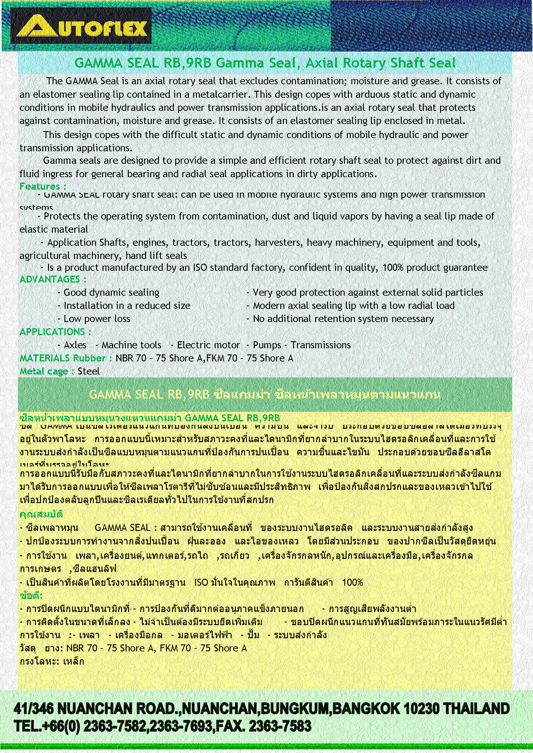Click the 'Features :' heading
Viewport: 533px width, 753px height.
coord(43,186)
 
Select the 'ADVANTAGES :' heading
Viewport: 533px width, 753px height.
coord(53,279)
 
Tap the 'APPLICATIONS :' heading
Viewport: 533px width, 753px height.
coord(55,332)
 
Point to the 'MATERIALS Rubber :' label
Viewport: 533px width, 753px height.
coord(66,358)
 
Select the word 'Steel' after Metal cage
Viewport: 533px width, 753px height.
coord(89,371)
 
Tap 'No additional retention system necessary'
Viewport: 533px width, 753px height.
coord(343,319)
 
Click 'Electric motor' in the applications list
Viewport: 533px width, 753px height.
coord(209,345)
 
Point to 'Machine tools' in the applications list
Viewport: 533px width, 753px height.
coord(131,345)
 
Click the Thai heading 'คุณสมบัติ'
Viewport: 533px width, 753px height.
coord(41,514)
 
